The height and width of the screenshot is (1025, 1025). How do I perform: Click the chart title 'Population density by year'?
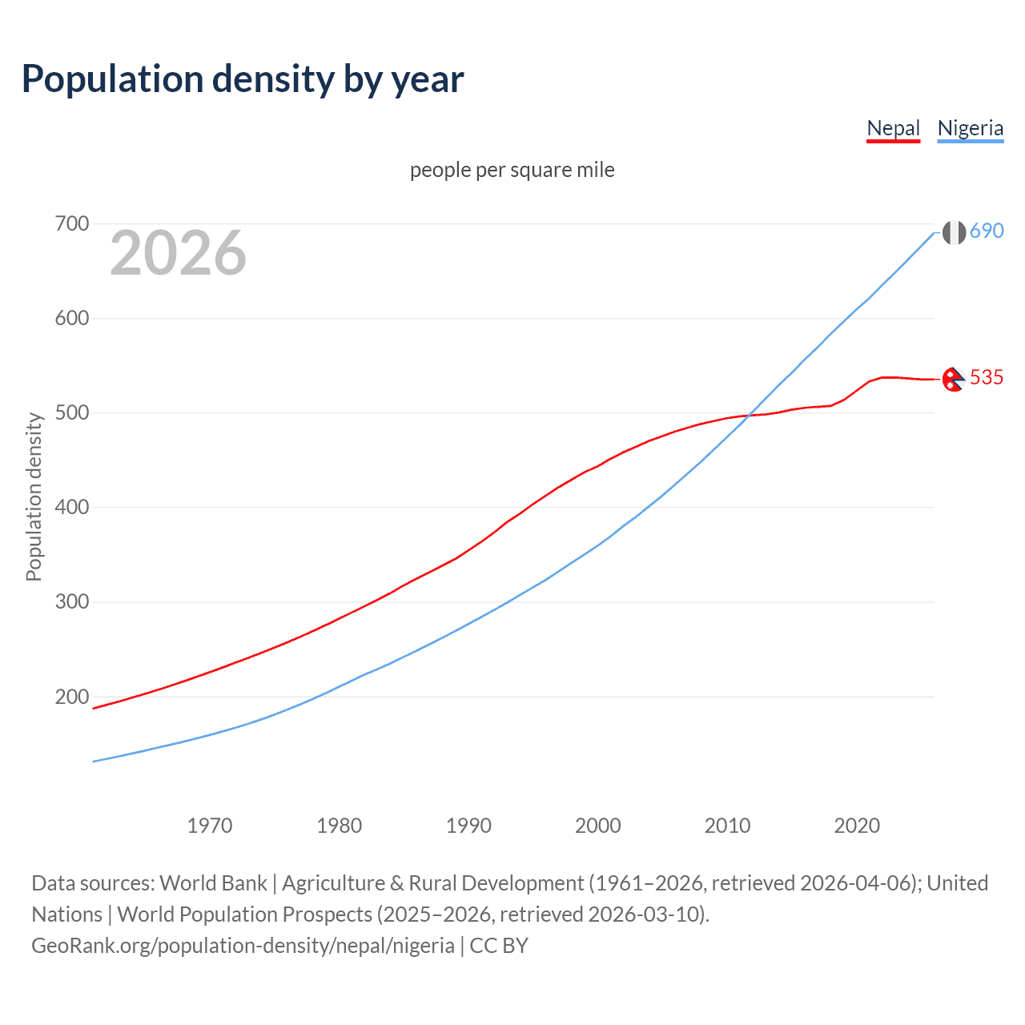(243, 79)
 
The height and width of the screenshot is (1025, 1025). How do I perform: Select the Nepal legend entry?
(893, 128)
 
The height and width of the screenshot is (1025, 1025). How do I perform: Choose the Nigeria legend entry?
(970, 128)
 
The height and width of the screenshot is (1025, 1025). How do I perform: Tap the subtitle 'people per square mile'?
(512, 170)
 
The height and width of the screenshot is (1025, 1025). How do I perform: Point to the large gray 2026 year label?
(178, 253)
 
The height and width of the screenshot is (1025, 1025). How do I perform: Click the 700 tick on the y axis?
(71, 223)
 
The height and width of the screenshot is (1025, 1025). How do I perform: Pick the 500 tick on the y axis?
(71, 412)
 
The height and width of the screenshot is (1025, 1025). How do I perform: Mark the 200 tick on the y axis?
(71, 697)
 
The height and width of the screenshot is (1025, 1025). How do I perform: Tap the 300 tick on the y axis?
(71, 602)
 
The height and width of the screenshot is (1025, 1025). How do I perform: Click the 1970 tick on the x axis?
(210, 825)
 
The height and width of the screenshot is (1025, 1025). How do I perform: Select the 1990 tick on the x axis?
(468, 825)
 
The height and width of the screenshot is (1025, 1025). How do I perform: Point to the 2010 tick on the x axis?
(727, 825)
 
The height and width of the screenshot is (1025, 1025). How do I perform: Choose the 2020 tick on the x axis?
(857, 825)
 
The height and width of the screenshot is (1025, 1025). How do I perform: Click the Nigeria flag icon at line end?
(953, 232)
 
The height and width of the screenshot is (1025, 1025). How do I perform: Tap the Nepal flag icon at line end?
(953, 379)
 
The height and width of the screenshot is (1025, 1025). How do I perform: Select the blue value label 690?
(987, 231)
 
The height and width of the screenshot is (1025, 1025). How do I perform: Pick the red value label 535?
(987, 377)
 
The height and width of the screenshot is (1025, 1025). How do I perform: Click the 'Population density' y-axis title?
(34, 496)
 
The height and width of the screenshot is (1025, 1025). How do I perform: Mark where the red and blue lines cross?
(748, 416)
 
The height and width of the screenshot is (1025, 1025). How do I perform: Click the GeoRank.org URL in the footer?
(243, 946)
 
